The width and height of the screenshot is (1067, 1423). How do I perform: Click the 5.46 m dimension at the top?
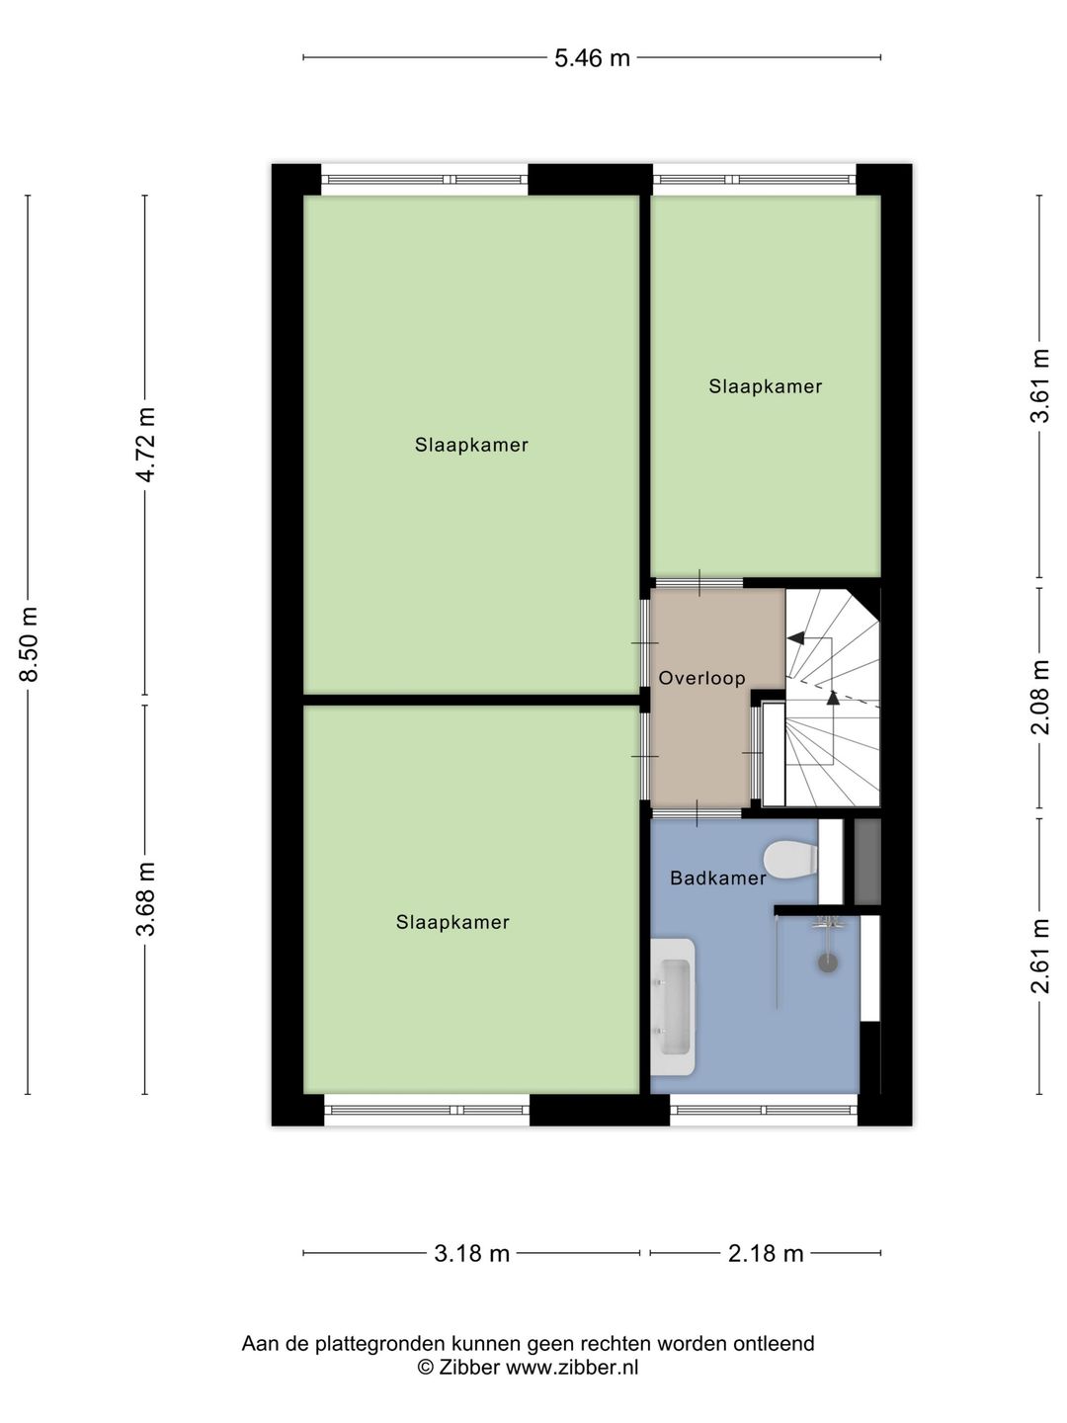point(592,58)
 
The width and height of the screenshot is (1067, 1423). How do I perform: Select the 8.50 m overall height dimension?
point(29,644)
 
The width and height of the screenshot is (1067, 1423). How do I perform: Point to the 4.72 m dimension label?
point(145,444)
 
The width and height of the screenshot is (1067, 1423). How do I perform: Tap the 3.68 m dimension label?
point(145,898)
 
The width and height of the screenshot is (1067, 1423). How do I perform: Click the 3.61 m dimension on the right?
point(1039,386)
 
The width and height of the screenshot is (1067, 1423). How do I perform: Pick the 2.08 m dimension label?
point(1039,698)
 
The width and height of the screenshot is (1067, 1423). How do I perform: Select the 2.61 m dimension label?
point(1039,956)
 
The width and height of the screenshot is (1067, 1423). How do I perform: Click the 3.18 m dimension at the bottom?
point(471,1253)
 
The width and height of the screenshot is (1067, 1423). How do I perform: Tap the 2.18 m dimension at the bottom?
point(766,1253)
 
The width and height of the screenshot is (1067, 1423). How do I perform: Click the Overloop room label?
point(701,678)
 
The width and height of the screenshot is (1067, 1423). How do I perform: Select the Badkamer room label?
point(717,878)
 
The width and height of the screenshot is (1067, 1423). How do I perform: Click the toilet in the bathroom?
point(790,860)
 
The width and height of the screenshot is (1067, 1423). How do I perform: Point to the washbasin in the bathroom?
point(674,1007)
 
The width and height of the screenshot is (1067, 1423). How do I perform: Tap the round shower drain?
point(828,962)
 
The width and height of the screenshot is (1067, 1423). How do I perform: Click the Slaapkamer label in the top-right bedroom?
point(765,386)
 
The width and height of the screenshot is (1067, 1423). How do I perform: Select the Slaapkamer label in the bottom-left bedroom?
point(452,922)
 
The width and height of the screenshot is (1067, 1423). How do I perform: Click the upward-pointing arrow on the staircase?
point(833,698)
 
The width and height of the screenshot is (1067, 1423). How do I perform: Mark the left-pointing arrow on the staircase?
point(795,639)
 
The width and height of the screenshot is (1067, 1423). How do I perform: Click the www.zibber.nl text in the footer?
point(572,1368)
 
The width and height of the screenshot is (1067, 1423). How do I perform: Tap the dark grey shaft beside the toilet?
point(867,861)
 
